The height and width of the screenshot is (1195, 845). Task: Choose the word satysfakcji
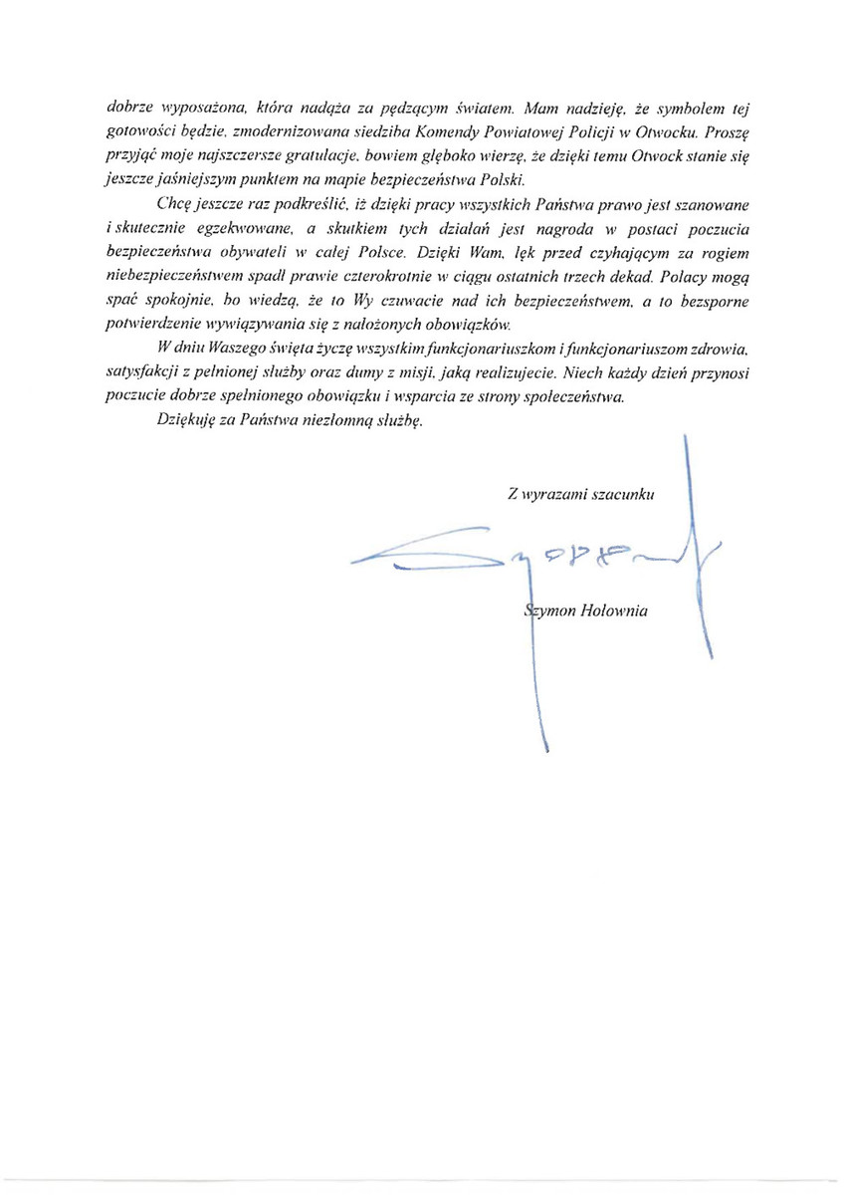click(145, 373)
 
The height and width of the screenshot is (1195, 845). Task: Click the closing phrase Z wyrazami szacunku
click(579, 493)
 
